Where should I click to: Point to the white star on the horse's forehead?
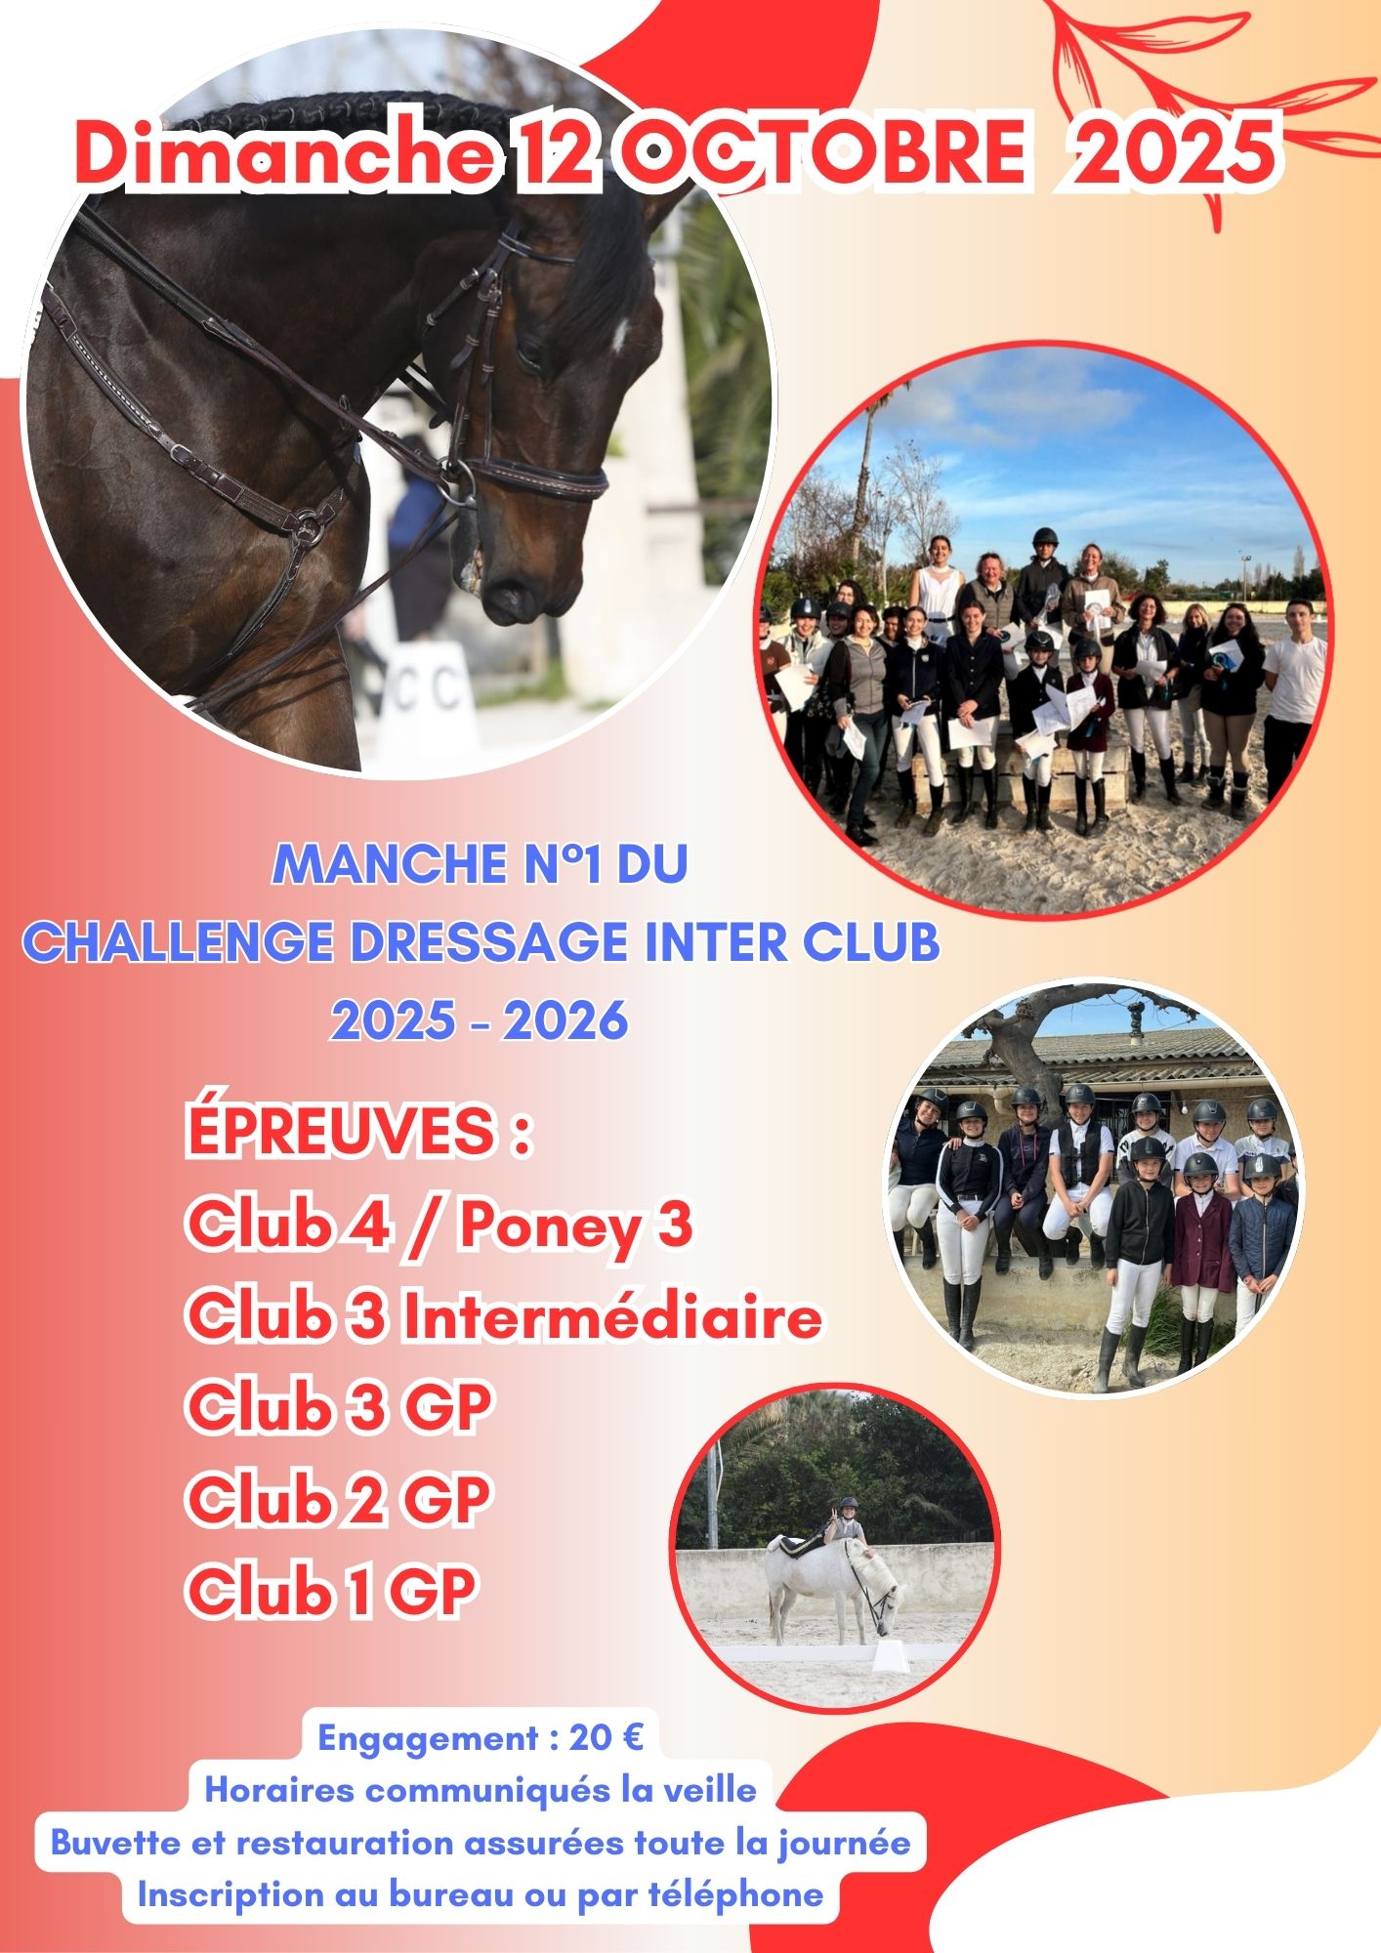point(618,333)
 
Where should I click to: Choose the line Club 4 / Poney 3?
point(439,1225)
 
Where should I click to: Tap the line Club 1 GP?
point(331,1593)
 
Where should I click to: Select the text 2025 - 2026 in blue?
point(480,1021)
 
